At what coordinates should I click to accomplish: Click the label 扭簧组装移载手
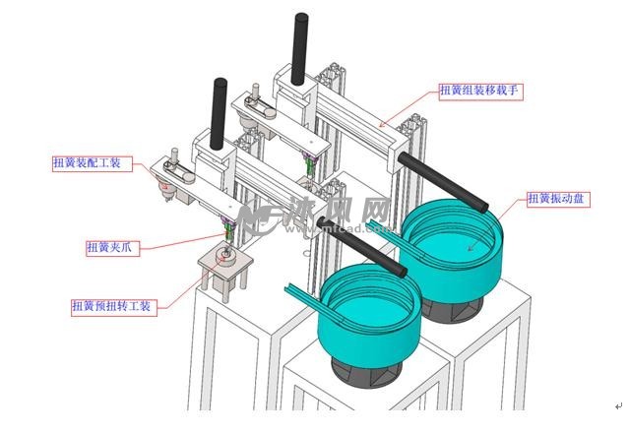478,92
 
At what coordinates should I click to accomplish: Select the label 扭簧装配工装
87,163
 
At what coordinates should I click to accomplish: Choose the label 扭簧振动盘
558,199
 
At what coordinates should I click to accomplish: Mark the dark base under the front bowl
368,373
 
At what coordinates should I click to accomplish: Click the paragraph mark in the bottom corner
618,404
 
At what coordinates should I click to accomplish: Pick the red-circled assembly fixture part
167,183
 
